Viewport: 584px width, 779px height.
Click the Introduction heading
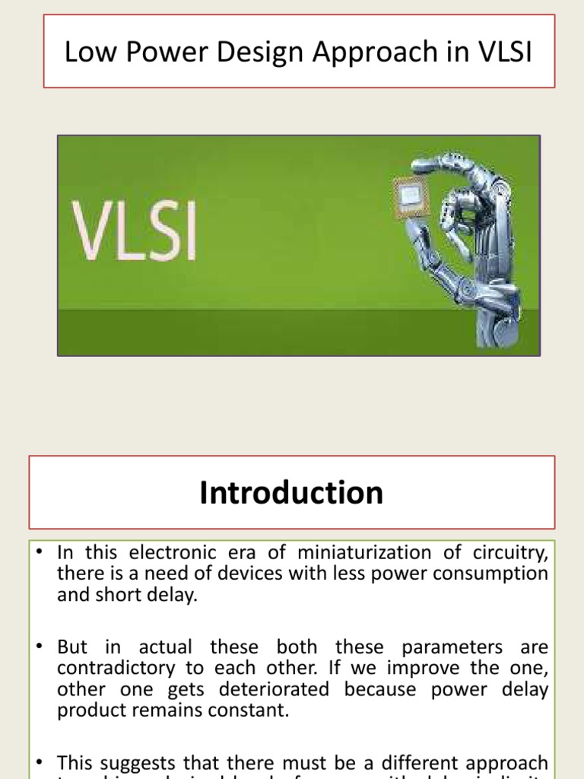pos(291,493)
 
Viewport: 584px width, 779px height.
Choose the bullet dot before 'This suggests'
pos(39,762)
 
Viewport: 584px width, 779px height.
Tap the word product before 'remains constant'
pos(90,711)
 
